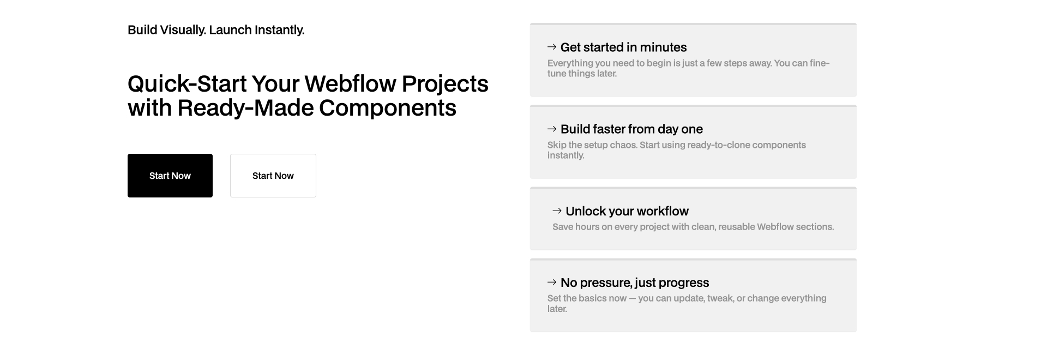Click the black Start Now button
coord(170,176)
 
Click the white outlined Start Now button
coord(273,176)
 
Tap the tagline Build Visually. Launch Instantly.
coord(216,30)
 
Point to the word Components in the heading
coord(387,108)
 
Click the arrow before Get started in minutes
coord(552,47)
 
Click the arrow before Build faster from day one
coord(552,129)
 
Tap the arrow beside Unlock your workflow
coord(557,211)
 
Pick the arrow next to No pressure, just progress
coord(552,282)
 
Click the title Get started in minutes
coord(623,47)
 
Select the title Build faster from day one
coord(631,129)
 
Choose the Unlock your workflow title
coord(627,211)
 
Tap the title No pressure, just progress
coord(635,283)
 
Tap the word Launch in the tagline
coord(231,30)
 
